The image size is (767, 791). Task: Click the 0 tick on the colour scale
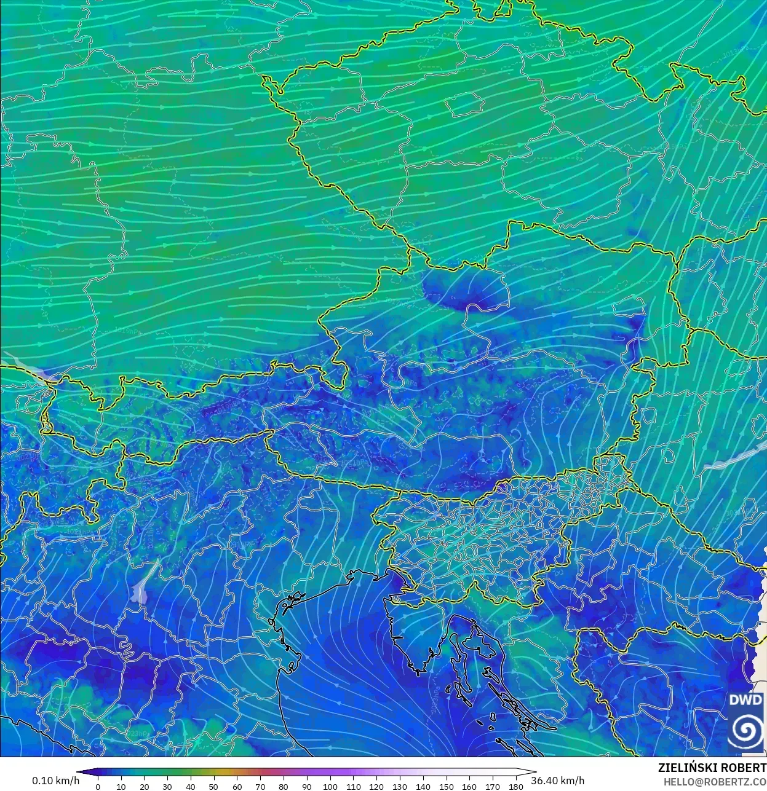pos(98,786)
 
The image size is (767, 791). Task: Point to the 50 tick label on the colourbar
pos(213,786)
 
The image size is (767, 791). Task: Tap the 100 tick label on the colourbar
pos(330,786)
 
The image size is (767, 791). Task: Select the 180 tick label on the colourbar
pos(516,786)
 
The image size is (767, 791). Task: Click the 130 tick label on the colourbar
pos(400,786)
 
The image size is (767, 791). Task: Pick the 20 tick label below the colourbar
pos(144,786)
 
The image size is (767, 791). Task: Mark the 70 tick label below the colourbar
pos(260,786)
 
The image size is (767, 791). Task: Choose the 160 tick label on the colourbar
pos(469,786)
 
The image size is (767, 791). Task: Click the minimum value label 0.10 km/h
pos(55,781)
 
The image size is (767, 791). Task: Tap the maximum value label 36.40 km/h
pos(558,781)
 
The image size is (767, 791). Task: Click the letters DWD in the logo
pos(745,700)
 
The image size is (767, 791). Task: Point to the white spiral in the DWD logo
pos(745,731)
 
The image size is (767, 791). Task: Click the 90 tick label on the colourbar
pos(306,786)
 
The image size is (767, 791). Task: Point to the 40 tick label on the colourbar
pos(191,786)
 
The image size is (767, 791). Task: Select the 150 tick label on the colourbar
pos(446,786)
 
